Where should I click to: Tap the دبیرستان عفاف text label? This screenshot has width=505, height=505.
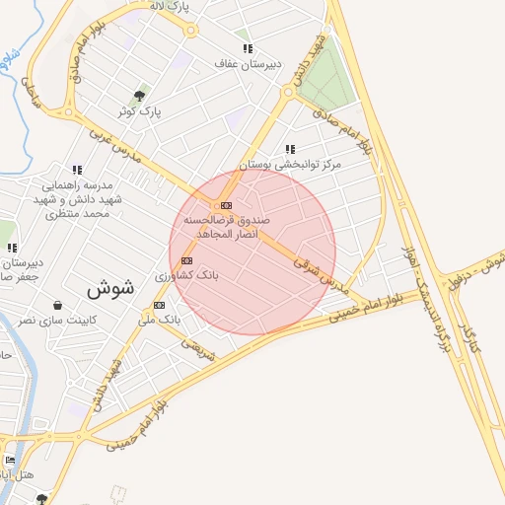(249, 64)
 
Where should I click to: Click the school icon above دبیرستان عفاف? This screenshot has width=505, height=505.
(248, 47)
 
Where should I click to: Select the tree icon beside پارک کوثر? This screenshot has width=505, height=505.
(139, 96)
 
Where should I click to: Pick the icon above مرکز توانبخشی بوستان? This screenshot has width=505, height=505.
(290, 149)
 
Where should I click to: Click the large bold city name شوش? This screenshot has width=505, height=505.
(109, 290)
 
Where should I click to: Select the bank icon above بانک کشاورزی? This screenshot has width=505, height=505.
(187, 260)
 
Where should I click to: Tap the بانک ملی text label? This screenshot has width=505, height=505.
(161, 321)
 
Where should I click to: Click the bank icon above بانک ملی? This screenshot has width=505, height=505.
(159, 305)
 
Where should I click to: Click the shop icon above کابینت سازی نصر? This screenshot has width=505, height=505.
(57, 305)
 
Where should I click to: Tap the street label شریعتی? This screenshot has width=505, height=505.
(198, 345)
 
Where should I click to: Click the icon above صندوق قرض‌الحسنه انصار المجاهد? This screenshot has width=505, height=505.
(227, 205)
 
